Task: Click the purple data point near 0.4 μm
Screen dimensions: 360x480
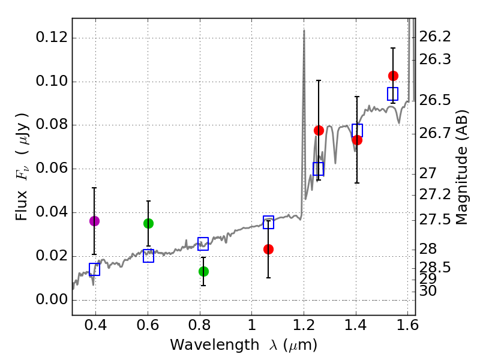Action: click(94, 221)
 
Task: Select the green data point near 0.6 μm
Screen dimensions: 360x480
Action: click(148, 223)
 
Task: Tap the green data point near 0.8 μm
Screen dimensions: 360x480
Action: click(203, 271)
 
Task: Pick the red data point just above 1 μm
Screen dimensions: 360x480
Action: click(268, 249)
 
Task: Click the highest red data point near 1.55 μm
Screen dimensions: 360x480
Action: click(393, 76)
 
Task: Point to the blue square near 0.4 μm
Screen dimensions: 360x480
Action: click(94, 269)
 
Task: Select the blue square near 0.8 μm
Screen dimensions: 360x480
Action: click(203, 244)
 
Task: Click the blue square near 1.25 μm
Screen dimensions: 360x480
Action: click(318, 169)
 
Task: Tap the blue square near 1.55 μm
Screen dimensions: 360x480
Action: click(392, 94)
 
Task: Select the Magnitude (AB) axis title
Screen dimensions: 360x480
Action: click(461, 167)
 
